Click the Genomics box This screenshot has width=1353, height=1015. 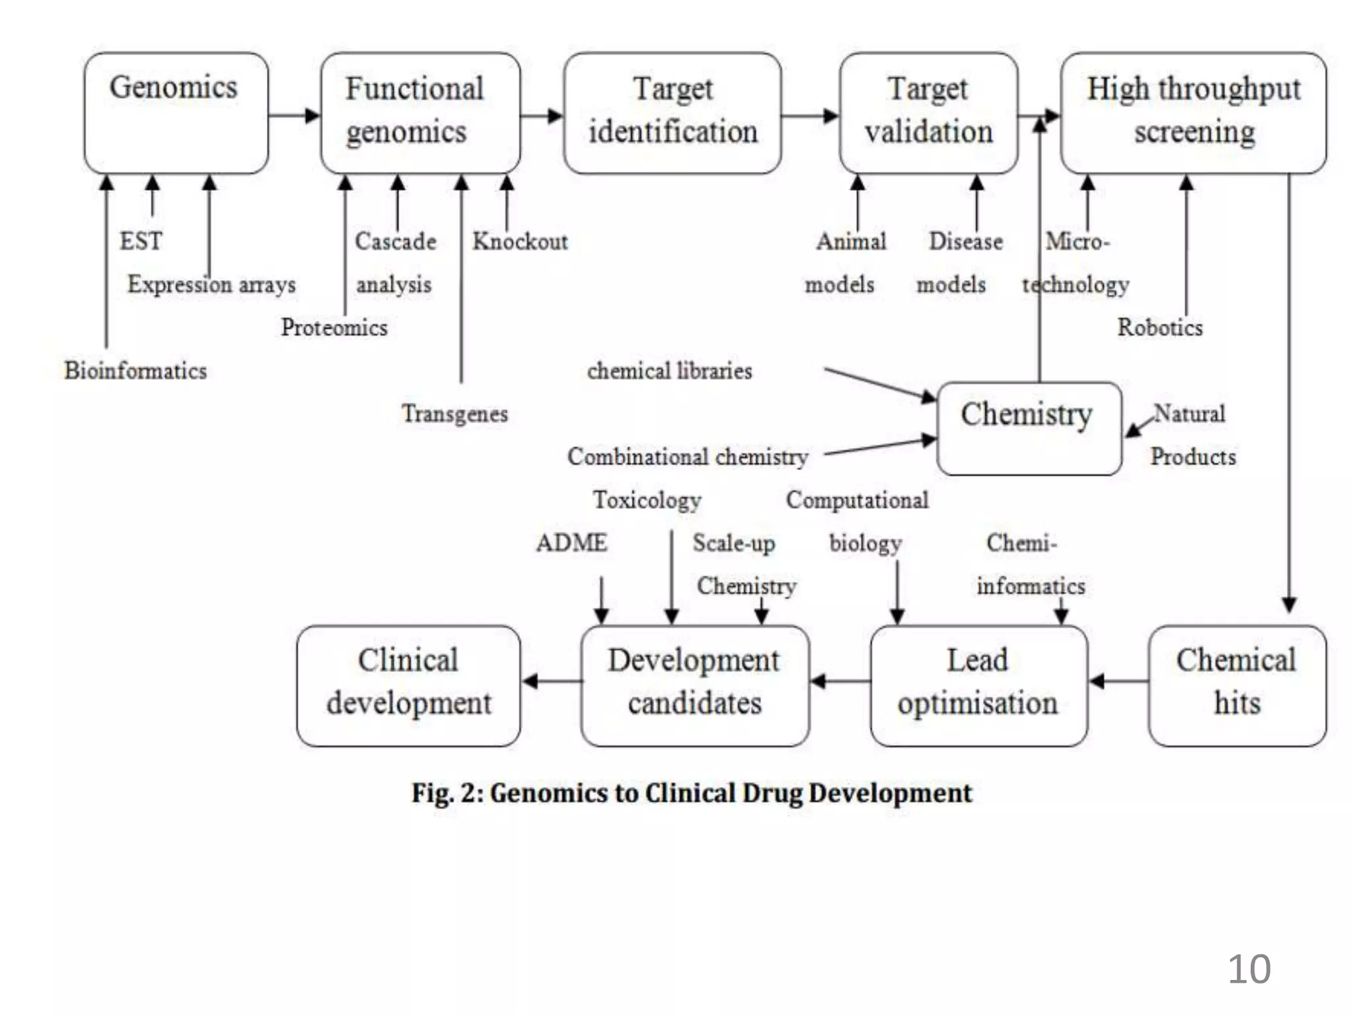point(176,114)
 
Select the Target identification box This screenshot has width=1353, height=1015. point(672,114)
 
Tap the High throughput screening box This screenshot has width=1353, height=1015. point(1193,114)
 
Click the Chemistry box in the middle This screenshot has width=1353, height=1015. point(1029,428)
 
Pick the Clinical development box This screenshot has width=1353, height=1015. point(408,686)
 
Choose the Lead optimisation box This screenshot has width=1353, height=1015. point(978,686)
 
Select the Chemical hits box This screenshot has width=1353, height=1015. point(1237,686)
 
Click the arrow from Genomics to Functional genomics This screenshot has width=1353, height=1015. point(294,116)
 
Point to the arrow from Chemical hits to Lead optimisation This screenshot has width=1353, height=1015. point(1118,681)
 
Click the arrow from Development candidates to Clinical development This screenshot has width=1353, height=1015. point(551,681)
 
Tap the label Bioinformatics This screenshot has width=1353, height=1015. point(135,371)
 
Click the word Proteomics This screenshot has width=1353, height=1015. point(334,328)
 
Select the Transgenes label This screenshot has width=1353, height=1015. point(455,414)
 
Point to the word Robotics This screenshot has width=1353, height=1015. point(1160,328)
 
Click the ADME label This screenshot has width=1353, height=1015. point(571,543)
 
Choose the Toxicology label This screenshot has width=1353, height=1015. point(647,500)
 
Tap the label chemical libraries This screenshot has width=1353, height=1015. point(669,371)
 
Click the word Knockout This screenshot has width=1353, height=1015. point(521,242)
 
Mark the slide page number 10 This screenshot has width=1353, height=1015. point(1249,969)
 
